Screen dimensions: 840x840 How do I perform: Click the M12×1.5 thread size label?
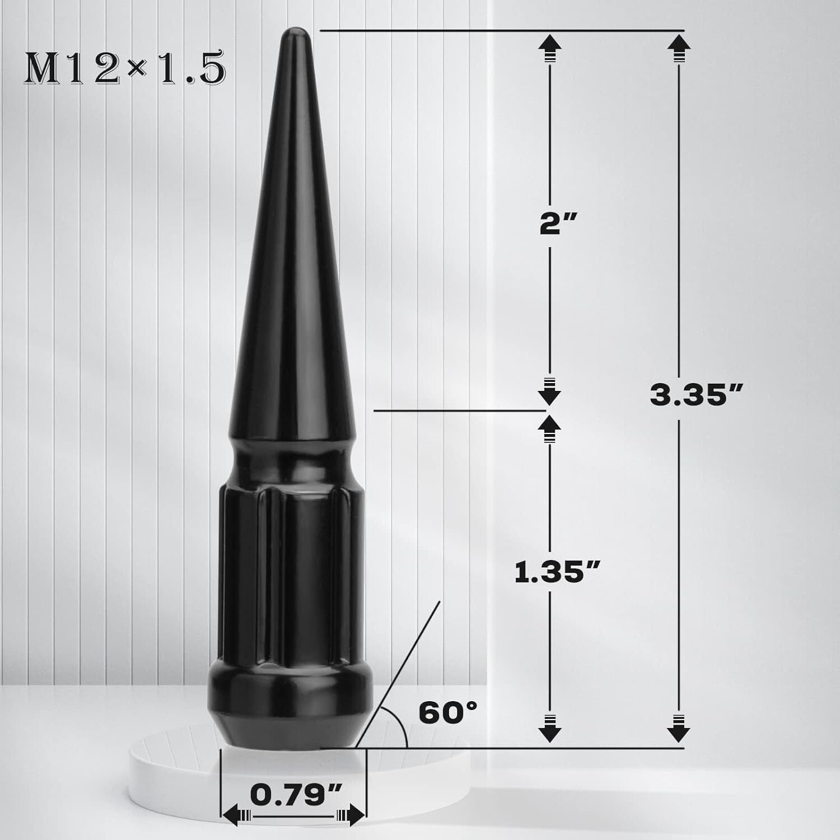(x=124, y=69)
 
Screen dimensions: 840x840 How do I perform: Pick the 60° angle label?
(x=448, y=713)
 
